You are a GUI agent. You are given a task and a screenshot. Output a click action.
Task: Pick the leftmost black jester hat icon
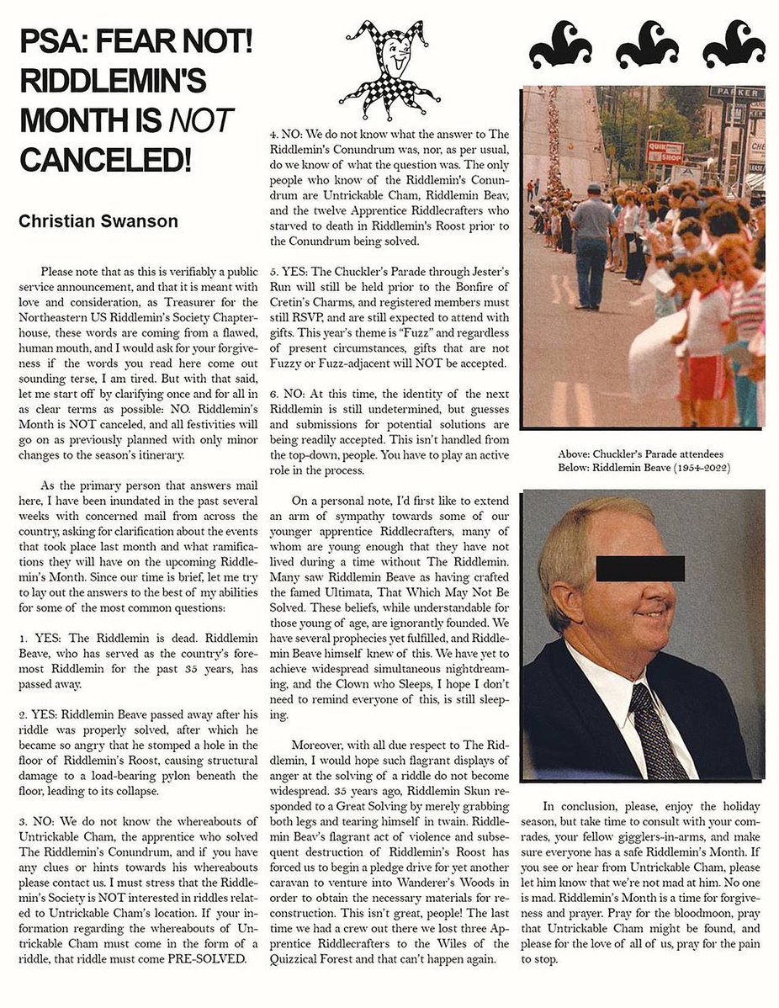[560, 45]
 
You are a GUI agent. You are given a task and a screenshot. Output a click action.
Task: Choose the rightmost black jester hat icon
[734, 45]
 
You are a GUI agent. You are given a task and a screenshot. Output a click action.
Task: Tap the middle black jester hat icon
[647, 45]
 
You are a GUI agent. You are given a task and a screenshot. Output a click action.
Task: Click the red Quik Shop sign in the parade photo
[665, 152]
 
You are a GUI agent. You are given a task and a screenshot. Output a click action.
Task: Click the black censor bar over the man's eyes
[640, 568]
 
